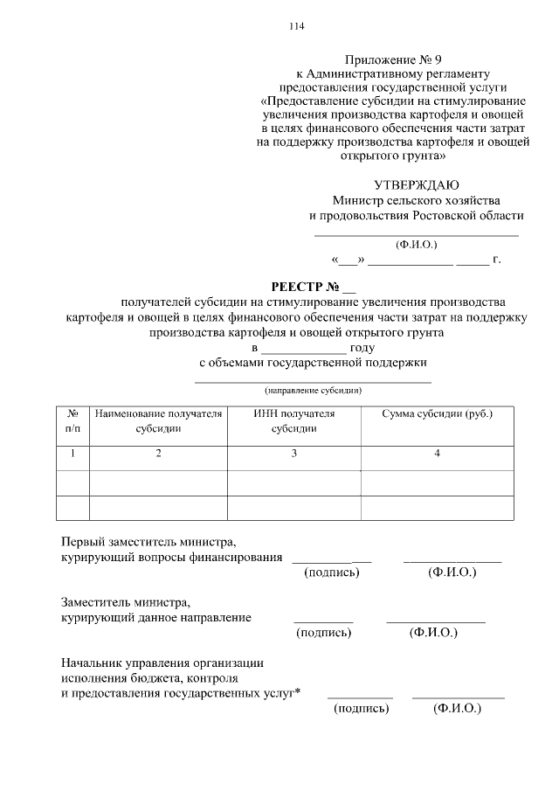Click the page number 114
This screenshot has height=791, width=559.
click(296, 26)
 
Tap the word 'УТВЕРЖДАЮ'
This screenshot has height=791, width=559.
click(416, 184)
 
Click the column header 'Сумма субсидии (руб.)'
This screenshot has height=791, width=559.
click(437, 413)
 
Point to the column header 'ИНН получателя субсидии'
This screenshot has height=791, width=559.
click(293, 420)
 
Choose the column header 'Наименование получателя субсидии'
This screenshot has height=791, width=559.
click(158, 420)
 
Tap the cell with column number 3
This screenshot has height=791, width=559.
click(294, 453)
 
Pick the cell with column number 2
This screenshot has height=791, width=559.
click(158, 453)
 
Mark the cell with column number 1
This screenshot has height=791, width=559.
click(72, 453)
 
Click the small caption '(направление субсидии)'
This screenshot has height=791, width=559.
click(313, 390)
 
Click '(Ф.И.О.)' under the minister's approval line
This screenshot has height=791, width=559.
click(416, 245)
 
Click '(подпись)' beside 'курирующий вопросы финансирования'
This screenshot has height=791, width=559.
click(331, 572)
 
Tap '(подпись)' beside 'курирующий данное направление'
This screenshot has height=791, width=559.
click(324, 632)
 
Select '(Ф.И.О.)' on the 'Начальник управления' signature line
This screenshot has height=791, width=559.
click(458, 709)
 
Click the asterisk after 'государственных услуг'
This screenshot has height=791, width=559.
click(298, 691)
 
